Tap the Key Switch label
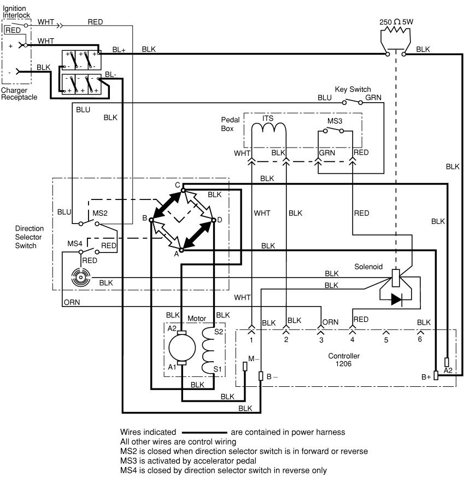tap(353, 89)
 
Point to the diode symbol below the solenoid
tap(397, 299)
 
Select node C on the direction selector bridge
tap(178, 185)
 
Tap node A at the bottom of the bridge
tap(176, 253)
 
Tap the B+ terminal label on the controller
tap(426, 377)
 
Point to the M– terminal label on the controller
tap(254, 358)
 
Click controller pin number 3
tap(321, 340)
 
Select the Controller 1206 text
tap(343, 360)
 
